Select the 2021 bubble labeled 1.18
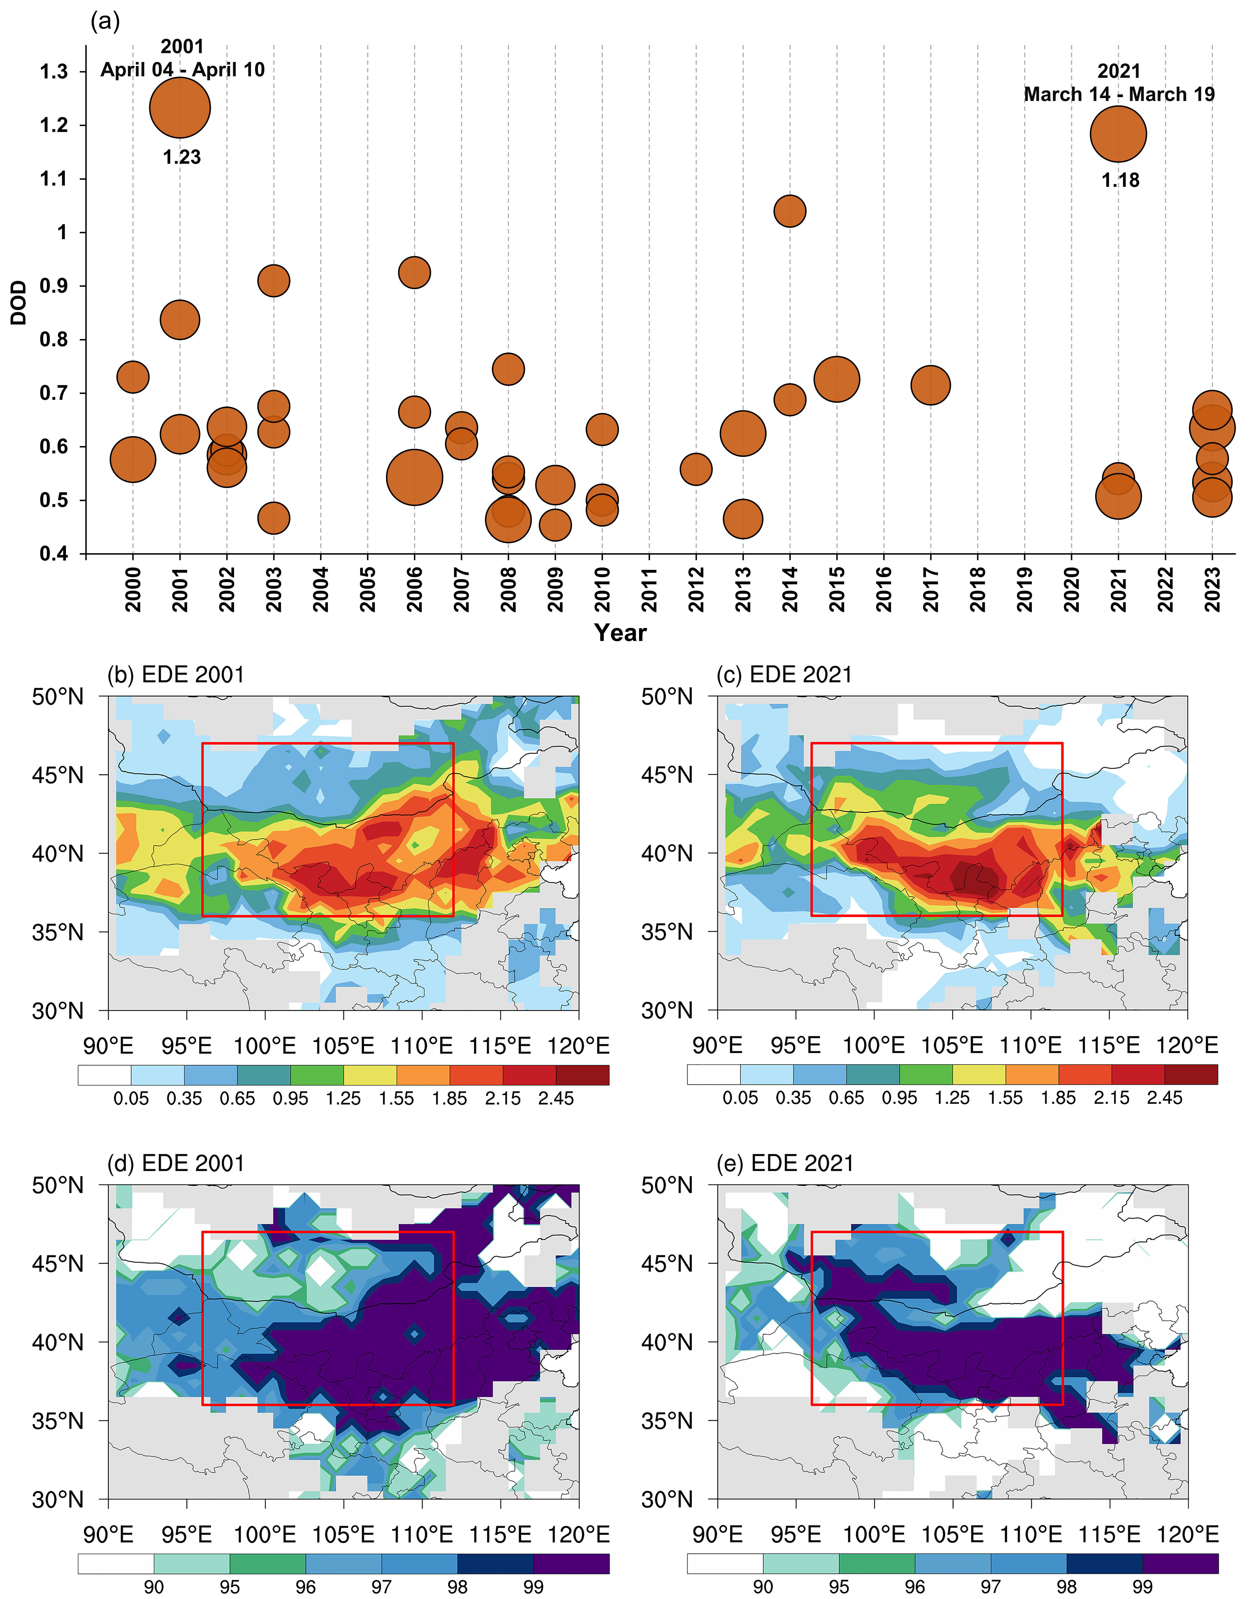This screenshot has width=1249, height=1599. point(1118,134)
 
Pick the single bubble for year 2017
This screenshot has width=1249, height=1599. point(930,385)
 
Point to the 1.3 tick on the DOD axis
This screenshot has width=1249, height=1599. point(53,72)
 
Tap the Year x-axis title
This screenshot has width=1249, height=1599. point(620,632)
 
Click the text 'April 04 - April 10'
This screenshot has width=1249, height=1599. point(182,70)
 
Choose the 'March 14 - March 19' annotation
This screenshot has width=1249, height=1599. point(1119,95)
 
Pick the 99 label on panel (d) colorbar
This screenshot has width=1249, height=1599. point(533,1587)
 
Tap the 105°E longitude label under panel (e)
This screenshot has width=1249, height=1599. point(952,1534)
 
